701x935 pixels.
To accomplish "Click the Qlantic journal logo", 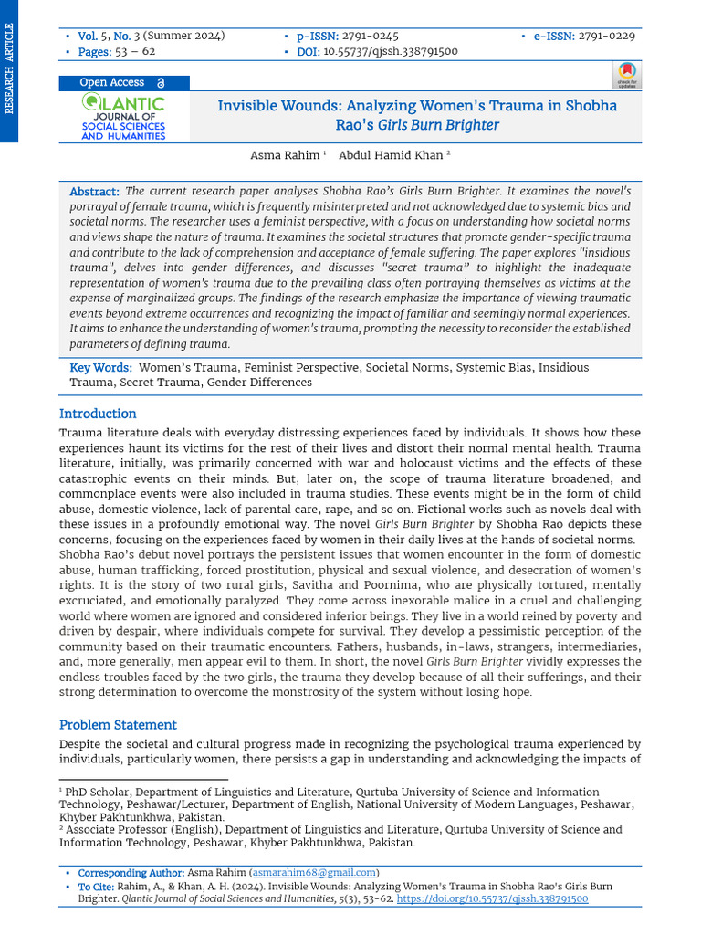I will [123, 118].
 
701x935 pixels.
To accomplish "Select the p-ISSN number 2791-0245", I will [370, 37].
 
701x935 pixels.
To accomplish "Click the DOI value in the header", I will [391, 52].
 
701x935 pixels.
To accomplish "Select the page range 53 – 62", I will [134, 52].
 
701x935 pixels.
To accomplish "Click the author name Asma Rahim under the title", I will [285, 155].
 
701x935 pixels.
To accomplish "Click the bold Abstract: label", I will [94, 192].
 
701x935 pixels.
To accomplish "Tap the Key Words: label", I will [100, 368].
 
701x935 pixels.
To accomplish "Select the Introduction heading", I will [98, 414].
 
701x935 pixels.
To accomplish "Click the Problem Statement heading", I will [118, 725].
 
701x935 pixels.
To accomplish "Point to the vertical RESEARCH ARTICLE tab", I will [9, 69].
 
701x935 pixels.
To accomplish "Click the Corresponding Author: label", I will [131, 873].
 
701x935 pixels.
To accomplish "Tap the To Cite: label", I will [96, 887].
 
